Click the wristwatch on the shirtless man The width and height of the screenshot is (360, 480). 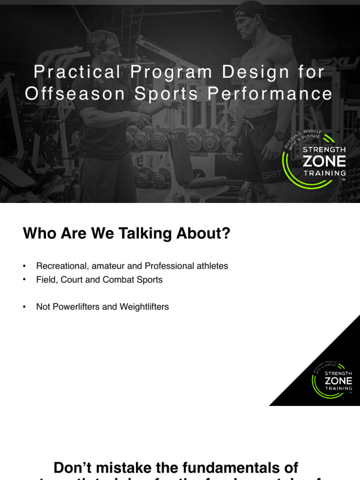pyautogui.click(x=279, y=135)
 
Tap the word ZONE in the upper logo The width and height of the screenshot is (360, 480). pyautogui.click(x=324, y=162)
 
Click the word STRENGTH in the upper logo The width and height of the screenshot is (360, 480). pyautogui.click(x=324, y=150)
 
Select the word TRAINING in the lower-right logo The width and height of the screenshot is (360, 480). pyautogui.click(x=338, y=388)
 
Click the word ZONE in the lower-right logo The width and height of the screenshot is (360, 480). pyautogui.click(x=338, y=380)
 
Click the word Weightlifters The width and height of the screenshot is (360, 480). pyautogui.click(x=144, y=307)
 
